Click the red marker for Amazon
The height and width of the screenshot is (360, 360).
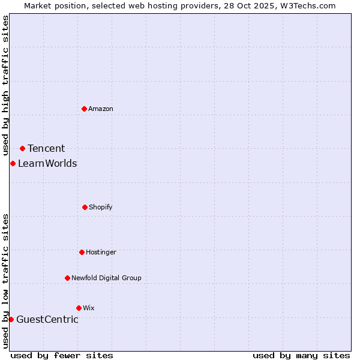84,109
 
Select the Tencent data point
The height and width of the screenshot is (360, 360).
22,148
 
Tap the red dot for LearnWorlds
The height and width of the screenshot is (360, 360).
13,163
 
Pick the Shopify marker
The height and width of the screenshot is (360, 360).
85,207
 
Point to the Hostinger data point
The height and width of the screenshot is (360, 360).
82,252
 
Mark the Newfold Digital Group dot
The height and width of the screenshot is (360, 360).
67,278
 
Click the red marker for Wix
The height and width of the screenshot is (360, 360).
79,308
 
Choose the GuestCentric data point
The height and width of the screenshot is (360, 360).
11,319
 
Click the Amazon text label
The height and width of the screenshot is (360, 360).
101,109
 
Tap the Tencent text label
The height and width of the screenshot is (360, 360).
46,148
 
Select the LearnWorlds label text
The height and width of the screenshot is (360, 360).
47,163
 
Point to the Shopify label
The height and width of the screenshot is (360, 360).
101,207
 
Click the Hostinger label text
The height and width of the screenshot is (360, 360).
101,252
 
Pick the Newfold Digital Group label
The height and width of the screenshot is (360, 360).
106,278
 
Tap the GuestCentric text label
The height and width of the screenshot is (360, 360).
47,319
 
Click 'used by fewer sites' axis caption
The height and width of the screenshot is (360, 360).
62,355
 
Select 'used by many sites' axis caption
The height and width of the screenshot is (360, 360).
301,355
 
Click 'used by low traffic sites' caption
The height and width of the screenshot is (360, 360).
5,281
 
